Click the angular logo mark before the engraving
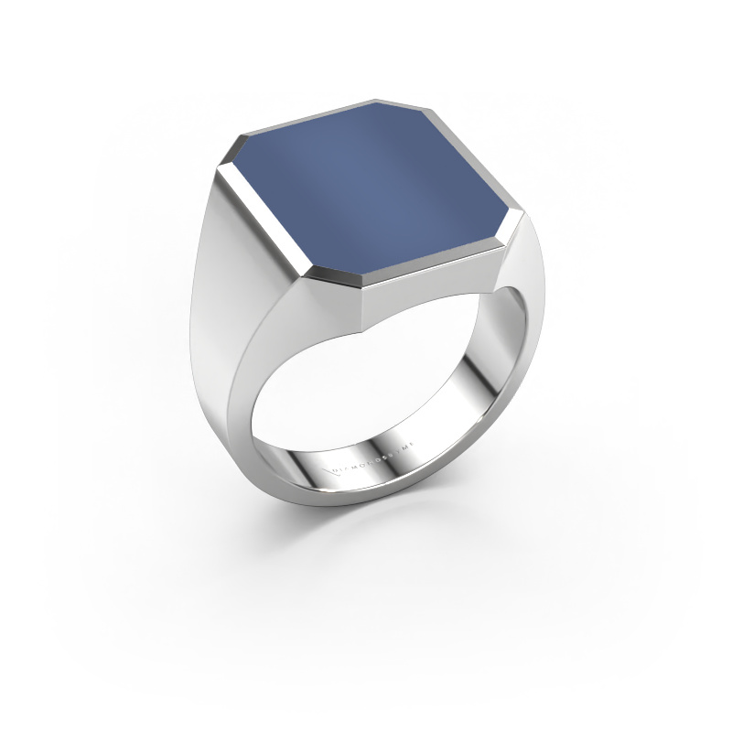pyautogui.click(x=332, y=471)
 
